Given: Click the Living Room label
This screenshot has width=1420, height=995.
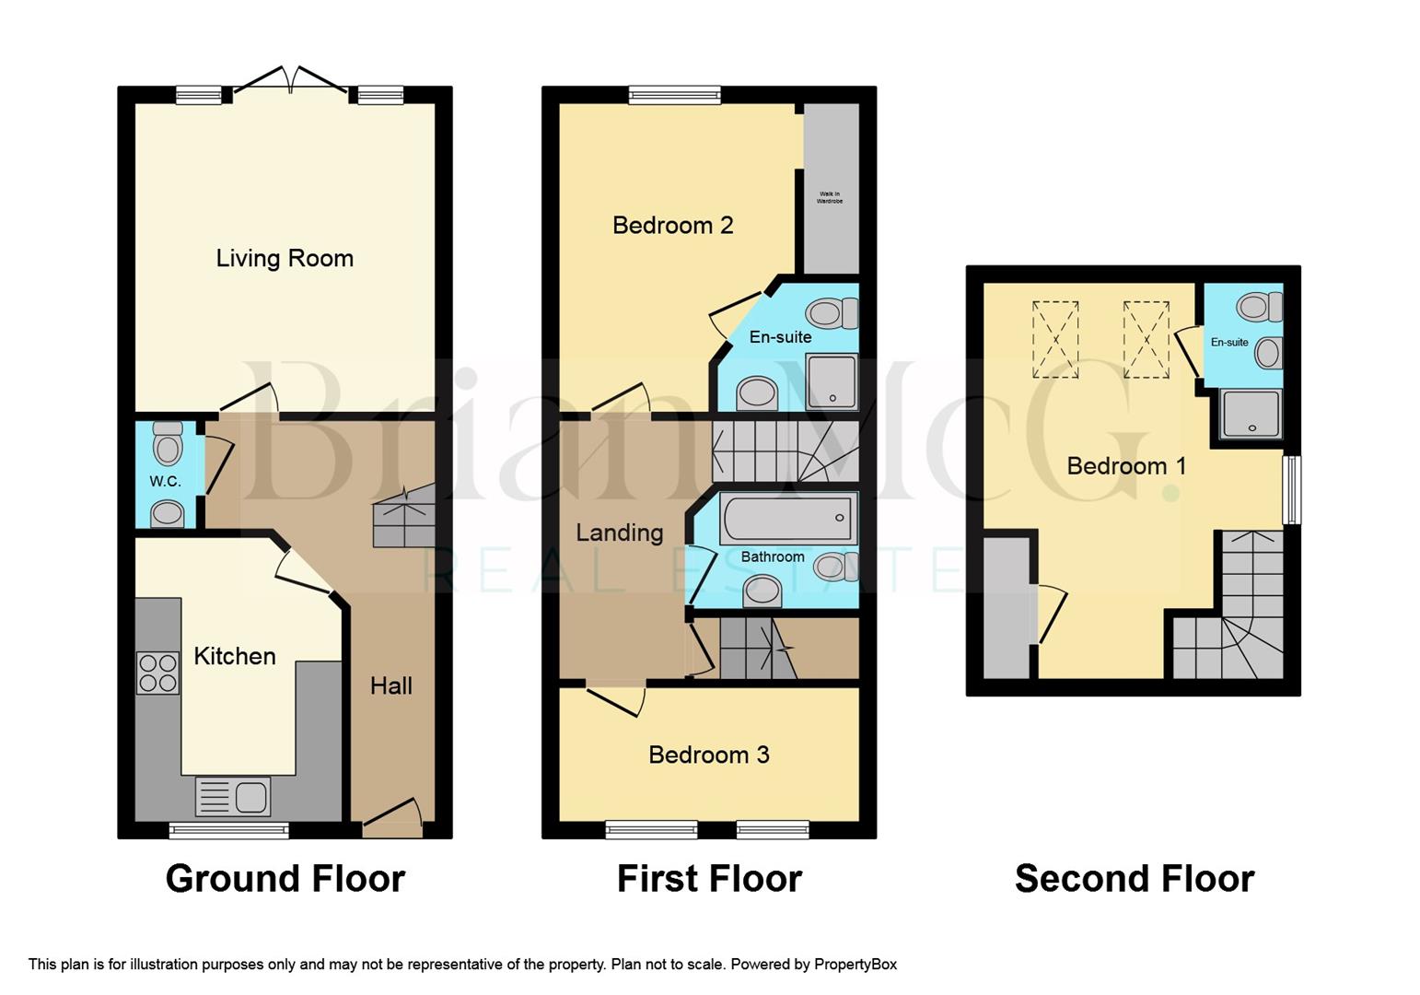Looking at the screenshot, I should [x=285, y=258].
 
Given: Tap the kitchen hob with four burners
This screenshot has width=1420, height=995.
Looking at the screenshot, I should [x=157, y=673].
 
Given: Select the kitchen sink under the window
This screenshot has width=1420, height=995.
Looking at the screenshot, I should [x=233, y=797].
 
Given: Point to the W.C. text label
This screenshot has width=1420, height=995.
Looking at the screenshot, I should [x=165, y=481].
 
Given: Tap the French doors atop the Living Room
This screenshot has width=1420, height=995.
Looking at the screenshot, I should [x=290, y=81].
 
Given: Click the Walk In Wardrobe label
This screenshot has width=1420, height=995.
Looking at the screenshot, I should [x=829, y=197].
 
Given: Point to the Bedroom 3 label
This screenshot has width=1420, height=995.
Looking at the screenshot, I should [x=708, y=755].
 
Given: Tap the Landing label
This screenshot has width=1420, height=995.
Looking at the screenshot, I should [x=619, y=533].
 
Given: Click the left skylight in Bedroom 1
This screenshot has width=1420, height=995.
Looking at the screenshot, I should [x=1055, y=339].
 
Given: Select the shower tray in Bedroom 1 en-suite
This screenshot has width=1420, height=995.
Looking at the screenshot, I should [x=1250, y=414].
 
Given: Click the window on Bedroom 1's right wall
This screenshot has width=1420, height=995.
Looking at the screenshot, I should [x=1292, y=490].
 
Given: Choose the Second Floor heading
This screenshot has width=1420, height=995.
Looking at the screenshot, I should [x=1134, y=878].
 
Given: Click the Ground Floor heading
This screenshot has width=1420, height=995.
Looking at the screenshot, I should [x=285, y=878].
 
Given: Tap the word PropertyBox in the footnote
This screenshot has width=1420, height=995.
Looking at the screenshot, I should [x=855, y=965].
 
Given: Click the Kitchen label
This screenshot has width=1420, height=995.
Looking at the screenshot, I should [x=235, y=656].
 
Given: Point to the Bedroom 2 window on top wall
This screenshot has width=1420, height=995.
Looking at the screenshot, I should [x=674, y=94].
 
